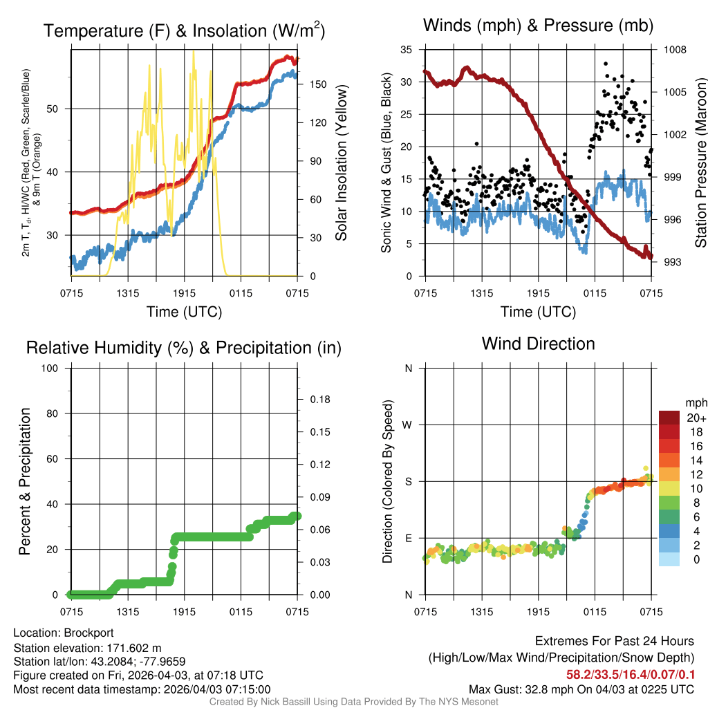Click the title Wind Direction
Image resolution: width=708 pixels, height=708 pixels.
coord(538,344)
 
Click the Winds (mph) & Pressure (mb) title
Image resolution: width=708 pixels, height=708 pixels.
coord(538,26)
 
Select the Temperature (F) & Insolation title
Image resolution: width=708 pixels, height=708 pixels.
coord(184,30)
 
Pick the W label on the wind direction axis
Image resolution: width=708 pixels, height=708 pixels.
coord(408,425)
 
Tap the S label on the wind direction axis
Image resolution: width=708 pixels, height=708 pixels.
coord(409,481)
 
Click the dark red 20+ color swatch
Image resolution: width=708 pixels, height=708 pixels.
coord(669,418)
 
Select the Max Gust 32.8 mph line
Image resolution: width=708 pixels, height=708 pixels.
coord(581,689)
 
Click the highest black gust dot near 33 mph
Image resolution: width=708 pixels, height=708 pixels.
coord(606,64)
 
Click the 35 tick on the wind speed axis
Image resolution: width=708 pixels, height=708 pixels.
coord(407,50)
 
